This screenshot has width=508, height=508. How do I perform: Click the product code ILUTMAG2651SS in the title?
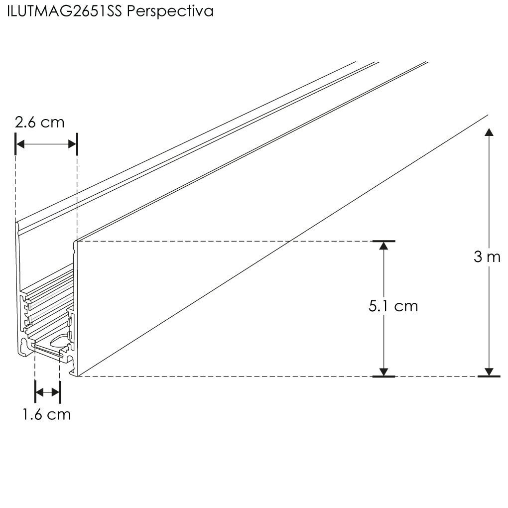64,11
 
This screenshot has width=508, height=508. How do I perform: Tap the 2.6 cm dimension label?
39,123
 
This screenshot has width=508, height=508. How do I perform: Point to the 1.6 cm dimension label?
47,415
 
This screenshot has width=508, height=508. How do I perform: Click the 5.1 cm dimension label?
393,306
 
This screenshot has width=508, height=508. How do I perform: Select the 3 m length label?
487,257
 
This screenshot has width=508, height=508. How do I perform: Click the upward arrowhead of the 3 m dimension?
489,132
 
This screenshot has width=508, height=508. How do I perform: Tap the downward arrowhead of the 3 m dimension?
489,372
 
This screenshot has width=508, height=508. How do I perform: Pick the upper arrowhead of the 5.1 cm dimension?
383,246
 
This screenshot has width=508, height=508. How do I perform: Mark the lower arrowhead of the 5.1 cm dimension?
383,372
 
